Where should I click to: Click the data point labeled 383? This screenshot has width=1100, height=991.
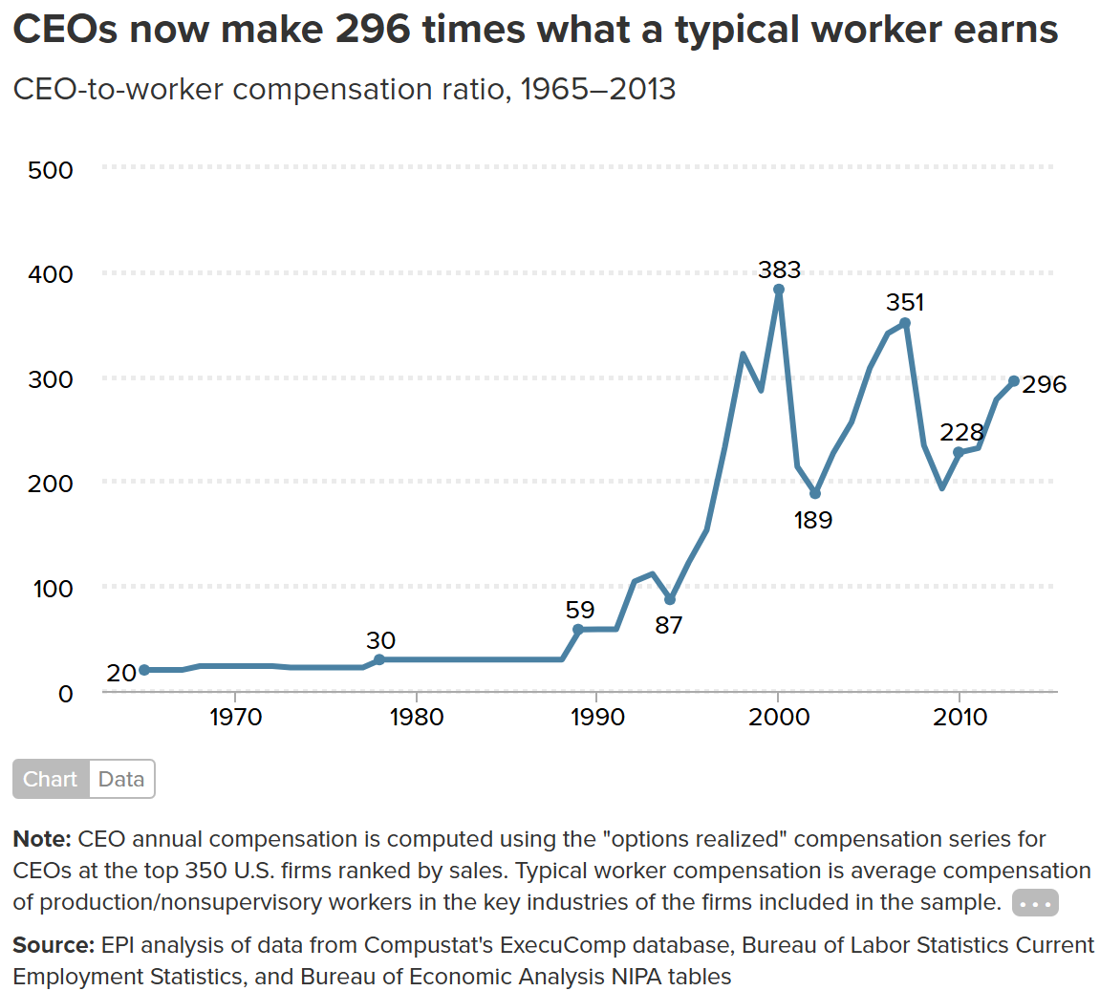[x=779, y=289]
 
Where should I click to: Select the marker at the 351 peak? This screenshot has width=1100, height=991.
[x=905, y=323]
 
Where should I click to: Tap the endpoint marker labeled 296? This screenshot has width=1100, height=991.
[x=1014, y=381]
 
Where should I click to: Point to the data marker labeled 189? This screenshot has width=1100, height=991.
[x=815, y=493]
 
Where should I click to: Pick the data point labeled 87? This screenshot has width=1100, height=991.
[x=670, y=599]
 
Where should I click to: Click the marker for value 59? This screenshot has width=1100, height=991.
[x=578, y=629]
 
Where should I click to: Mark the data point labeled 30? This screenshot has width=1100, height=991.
[x=379, y=659]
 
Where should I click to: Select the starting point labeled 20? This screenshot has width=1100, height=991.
[x=144, y=670]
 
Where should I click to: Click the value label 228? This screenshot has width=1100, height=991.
[x=961, y=432]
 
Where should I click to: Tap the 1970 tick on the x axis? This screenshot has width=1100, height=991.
[x=235, y=717]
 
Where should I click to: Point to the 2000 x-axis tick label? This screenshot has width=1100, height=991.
[x=778, y=717]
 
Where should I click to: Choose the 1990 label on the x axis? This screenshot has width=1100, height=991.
[x=596, y=717]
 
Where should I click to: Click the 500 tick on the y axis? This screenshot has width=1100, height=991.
[x=51, y=170]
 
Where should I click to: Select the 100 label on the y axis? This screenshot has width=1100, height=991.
[x=53, y=589]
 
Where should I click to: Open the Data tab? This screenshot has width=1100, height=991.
[x=121, y=779]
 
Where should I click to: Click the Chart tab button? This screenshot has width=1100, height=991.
[x=51, y=779]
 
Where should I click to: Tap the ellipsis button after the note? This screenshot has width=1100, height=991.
[x=1035, y=903]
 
